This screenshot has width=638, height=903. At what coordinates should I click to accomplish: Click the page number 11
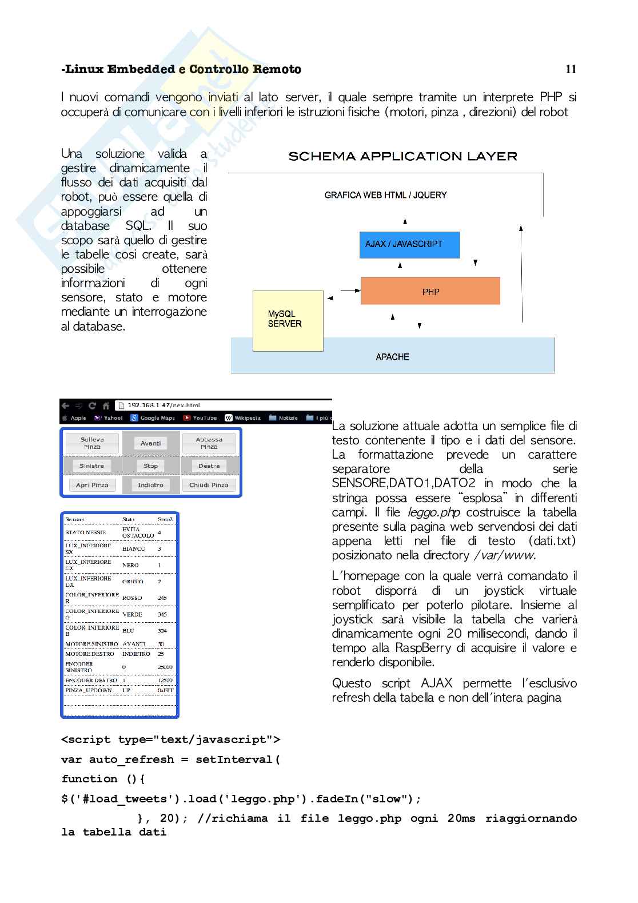point(571,69)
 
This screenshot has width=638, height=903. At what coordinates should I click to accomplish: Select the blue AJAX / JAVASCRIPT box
point(409,244)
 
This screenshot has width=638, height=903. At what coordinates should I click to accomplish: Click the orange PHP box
point(430,292)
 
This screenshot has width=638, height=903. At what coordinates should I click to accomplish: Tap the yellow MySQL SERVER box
point(288,320)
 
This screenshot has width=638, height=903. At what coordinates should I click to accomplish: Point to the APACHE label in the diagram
point(392,357)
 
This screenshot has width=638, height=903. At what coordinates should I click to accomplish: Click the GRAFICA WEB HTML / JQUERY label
point(385,195)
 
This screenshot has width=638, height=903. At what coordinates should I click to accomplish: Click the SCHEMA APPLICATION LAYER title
point(402,156)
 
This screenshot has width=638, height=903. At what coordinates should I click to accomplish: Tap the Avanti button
point(151,443)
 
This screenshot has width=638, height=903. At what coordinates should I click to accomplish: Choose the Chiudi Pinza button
point(209,485)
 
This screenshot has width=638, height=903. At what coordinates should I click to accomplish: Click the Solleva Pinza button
point(92,443)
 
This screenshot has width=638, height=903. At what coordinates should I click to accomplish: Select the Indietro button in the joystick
point(151,485)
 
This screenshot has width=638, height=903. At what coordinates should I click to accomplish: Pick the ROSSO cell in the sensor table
point(132,598)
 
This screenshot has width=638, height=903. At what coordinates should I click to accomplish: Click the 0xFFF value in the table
point(165,691)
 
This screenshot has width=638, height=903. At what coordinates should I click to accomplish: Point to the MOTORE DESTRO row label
point(90,654)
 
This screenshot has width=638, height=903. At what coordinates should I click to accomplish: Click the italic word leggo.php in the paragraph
point(433,512)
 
